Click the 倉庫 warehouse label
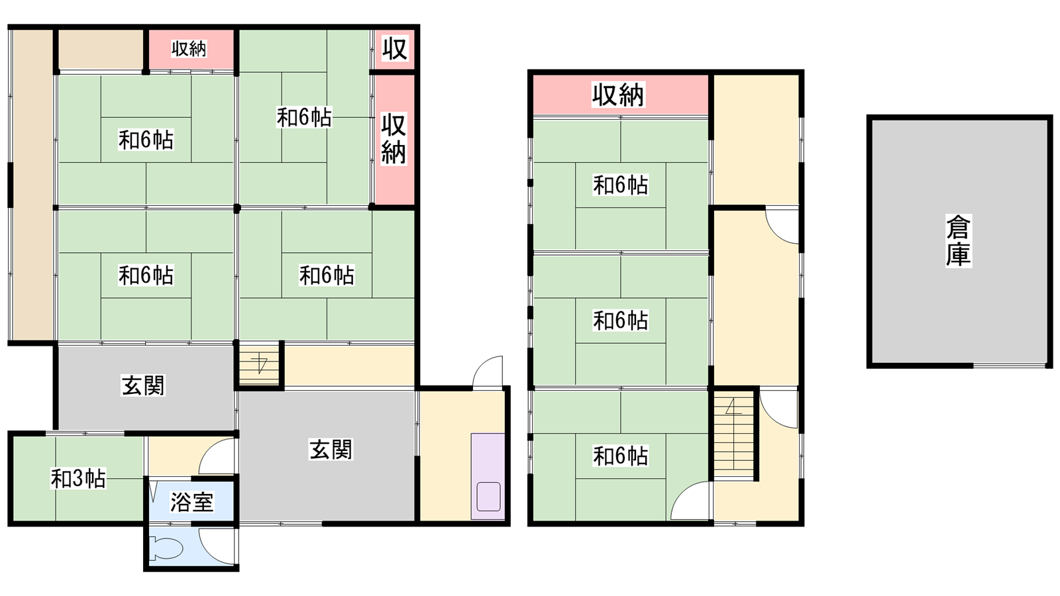click(x=958, y=241)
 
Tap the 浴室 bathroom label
click(x=191, y=502)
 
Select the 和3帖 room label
click(x=78, y=479)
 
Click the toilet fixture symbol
click(x=166, y=548)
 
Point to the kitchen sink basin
click(x=488, y=496)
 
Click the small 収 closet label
click(x=395, y=48)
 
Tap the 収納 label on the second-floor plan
click(x=618, y=95)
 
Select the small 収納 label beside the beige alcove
click(x=189, y=49)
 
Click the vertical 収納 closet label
click(x=394, y=138)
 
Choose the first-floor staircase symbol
click(x=259, y=365)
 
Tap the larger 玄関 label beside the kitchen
click(x=331, y=449)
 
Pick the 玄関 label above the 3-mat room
click(x=143, y=385)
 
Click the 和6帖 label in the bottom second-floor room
click(x=620, y=456)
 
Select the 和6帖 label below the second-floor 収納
click(x=620, y=185)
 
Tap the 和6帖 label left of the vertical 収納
click(x=304, y=117)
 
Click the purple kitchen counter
click(x=488, y=476)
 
